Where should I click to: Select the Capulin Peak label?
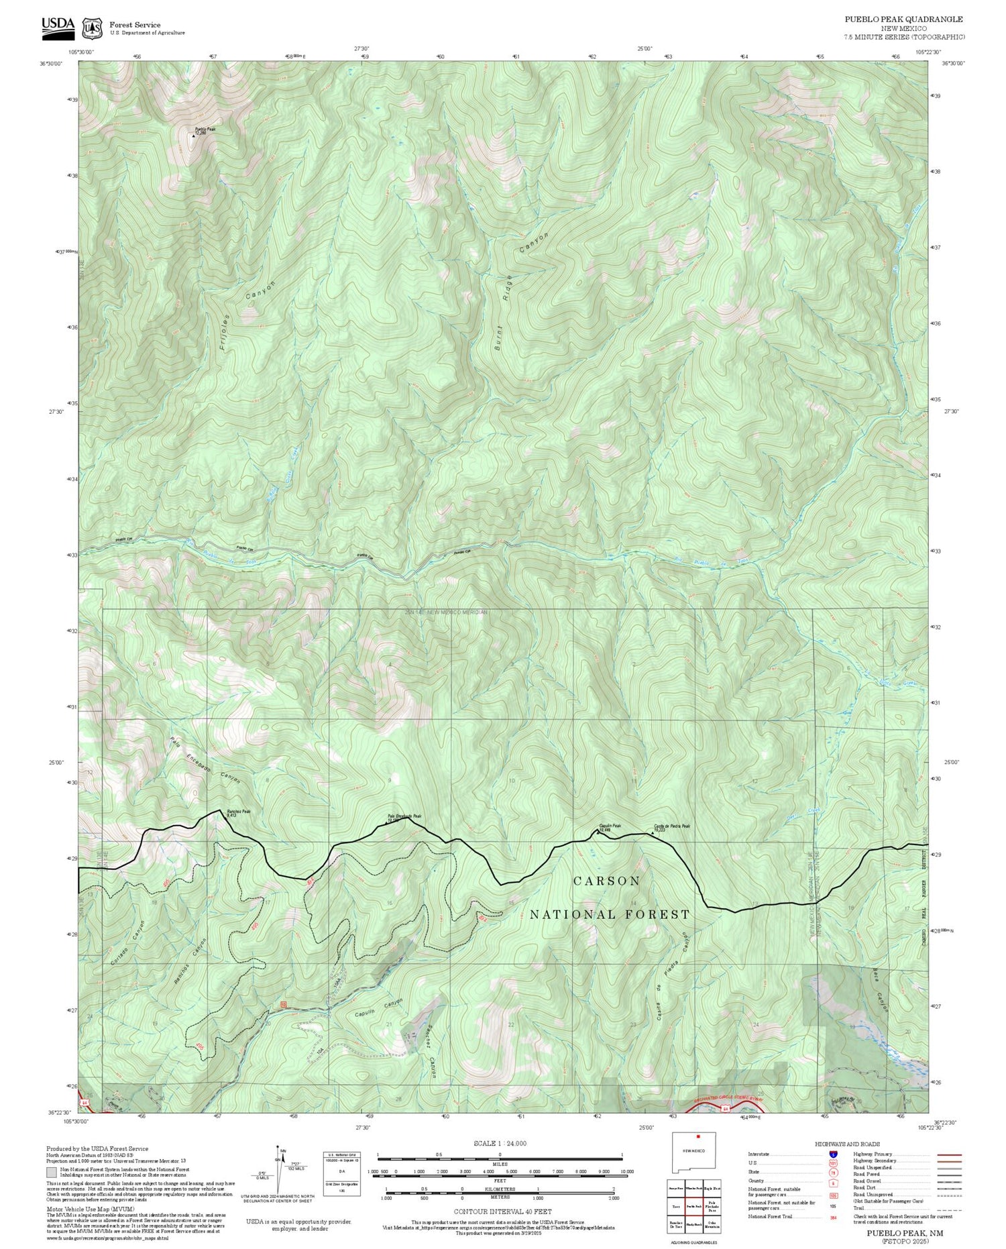pos(610,826)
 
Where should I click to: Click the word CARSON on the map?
pos(606,881)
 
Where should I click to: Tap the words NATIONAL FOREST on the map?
pos(610,914)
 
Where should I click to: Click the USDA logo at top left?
pos(58,25)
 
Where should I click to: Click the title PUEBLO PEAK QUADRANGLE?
pos(903,19)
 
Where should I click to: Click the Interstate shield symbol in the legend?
pos(833,1154)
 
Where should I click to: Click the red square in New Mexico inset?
pos(698,1137)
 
